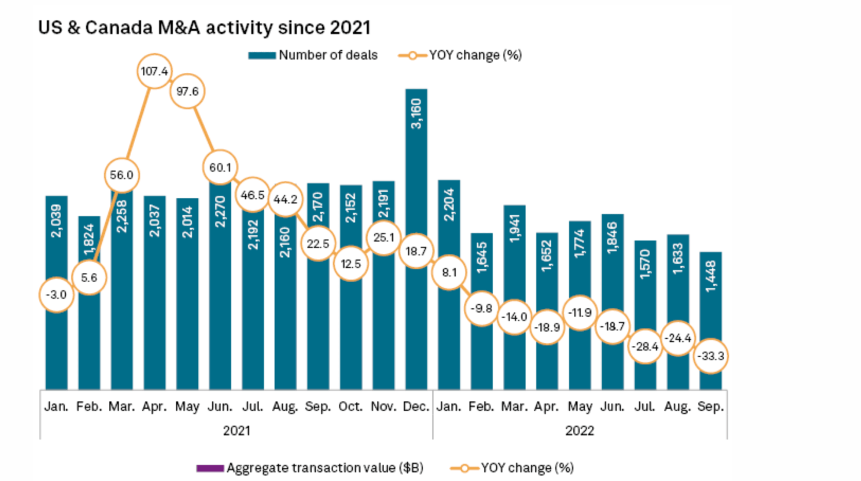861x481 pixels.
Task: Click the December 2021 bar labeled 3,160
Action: point(416,239)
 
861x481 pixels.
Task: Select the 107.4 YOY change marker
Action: point(155,72)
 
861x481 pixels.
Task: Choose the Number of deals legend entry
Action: point(313,55)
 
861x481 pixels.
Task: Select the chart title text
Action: point(204,28)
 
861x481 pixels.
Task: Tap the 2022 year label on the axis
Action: point(579,430)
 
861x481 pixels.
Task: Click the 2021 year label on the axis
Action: point(236,430)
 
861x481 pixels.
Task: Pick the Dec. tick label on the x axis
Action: point(416,407)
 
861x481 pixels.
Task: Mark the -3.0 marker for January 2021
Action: point(57,294)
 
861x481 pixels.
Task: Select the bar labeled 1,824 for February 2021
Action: point(90,239)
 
